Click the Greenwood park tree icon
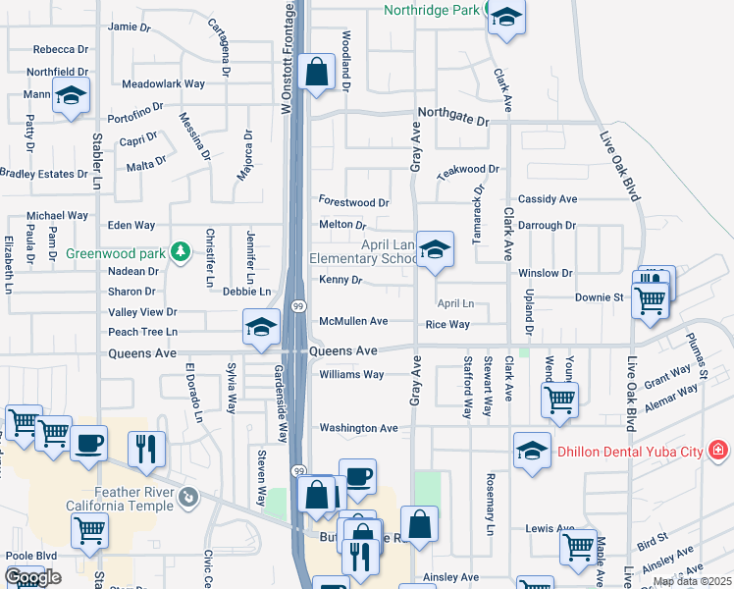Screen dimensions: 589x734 click(x=180, y=252)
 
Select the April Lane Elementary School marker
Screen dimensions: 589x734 click(x=434, y=250)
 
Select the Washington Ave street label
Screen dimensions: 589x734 click(x=358, y=428)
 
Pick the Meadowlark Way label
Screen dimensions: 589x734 click(x=163, y=84)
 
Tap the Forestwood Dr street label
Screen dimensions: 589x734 click(x=354, y=202)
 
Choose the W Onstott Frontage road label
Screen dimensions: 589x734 click(x=288, y=59)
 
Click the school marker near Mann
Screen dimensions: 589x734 click(x=71, y=96)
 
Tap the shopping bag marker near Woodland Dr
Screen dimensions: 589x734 click(x=316, y=72)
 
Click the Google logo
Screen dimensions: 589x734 click(x=32, y=578)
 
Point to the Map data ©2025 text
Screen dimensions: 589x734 click(x=692, y=581)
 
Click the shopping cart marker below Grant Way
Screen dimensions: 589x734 click(x=559, y=400)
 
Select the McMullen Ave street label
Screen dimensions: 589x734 click(x=353, y=321)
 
